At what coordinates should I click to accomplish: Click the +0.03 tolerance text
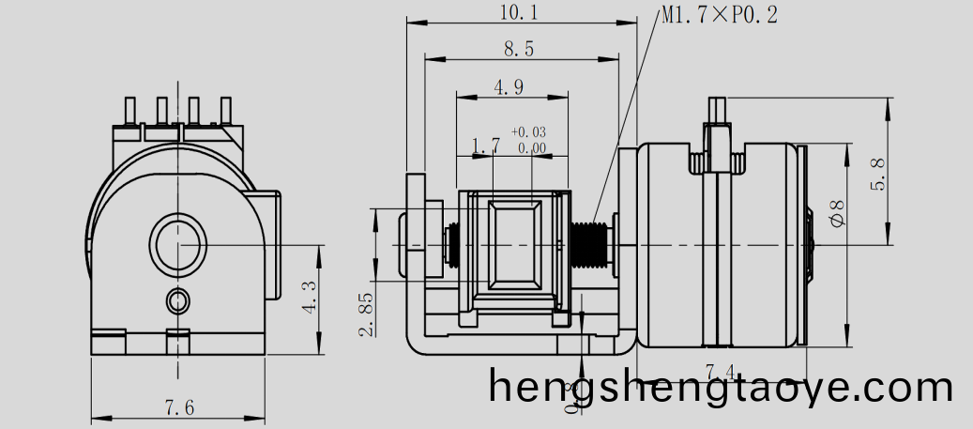528,132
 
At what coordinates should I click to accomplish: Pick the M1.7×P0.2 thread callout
719,15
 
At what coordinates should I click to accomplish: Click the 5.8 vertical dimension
878,175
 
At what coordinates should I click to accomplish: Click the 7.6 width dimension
179,407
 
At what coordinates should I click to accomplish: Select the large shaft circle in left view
178,245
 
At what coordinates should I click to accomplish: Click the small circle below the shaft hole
177,300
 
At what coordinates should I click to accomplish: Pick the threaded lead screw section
588,245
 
